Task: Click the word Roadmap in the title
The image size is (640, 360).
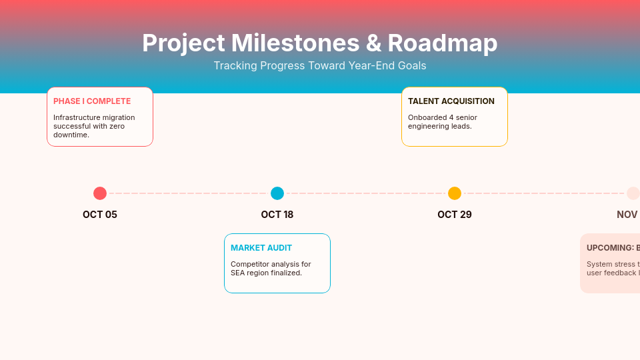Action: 442,43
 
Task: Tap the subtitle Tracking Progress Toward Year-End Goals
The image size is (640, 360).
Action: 320,65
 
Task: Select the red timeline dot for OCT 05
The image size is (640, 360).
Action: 100,193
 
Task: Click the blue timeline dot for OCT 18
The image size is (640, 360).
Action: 277,193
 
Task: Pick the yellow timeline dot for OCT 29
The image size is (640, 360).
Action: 455,193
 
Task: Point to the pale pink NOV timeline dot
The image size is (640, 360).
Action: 633,193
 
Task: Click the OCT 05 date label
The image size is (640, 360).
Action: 100,215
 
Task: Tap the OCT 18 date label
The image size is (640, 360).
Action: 277,215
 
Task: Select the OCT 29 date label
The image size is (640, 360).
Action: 455,215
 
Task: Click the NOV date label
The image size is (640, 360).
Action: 627,215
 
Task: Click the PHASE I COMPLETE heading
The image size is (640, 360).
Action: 92,101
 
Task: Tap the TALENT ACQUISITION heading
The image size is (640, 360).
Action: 451,101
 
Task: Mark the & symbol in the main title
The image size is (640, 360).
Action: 373,43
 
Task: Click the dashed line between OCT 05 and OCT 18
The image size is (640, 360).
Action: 189,193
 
